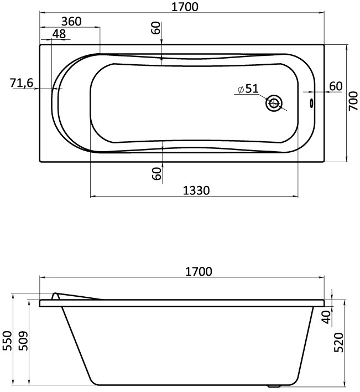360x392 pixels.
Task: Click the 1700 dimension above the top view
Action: pyautogui.click(x=185, y=7)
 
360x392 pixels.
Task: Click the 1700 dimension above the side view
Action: pyautogui.click(x=199, y=271)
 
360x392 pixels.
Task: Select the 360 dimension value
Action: pyautogui.click(x=71, y=22)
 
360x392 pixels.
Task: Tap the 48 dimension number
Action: pyautogui.click(x=59, y=34)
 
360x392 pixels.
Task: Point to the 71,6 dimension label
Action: pyautogui.click(x=22, y=82)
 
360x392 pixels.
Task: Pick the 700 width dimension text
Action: pyautogui.click(x=353, y=101)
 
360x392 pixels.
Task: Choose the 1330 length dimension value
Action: pyautogui.click(x=196, y=190)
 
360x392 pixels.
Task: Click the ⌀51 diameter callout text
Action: pyautogui.click(x=248, y=89)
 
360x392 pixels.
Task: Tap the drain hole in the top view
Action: pyautogui.click(x=274, y=103)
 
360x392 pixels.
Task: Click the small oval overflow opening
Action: pyautogui.click(x=311, y=103)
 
